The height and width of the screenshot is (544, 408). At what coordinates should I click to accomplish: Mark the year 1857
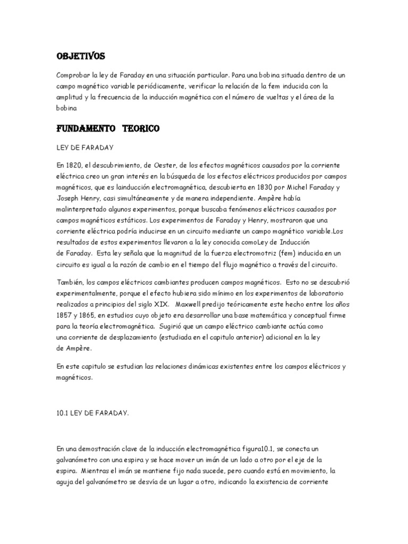click(x=64, y=315)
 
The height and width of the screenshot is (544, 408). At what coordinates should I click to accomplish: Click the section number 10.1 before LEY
click(x=63, y=412)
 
